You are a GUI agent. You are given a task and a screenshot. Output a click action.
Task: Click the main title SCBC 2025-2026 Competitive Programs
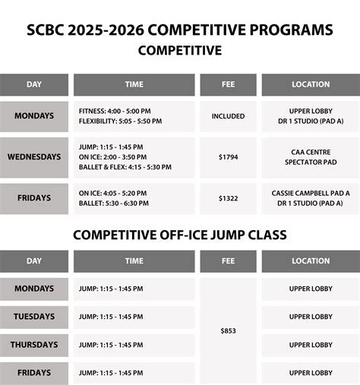[179, 30]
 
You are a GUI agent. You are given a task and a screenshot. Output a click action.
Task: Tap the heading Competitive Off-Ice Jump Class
[179, 235]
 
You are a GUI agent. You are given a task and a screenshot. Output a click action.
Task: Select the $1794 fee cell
[228, 157]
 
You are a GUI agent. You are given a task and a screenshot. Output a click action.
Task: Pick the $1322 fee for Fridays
[228, 198]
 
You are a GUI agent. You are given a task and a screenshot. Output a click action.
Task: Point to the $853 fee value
[228, 330]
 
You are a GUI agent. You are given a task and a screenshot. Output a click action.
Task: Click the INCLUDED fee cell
[228, 116]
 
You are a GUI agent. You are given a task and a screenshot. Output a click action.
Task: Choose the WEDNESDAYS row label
[34, 157]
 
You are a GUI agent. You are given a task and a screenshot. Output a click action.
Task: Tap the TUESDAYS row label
[34, 317]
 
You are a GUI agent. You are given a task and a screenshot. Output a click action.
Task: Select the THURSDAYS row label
[34, 345]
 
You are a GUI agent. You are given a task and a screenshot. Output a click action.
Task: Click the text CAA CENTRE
[311, 152]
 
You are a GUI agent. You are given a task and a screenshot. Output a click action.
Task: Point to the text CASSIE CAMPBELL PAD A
[311, 193]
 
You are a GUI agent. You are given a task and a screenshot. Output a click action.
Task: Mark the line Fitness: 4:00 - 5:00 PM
[115, 111]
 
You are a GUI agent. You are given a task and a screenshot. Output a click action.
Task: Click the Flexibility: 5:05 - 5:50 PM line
[120, 121]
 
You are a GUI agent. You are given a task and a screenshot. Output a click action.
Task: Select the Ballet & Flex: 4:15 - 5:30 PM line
[125, 168]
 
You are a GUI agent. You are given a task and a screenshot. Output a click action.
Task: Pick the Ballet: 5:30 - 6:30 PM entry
[114, 204]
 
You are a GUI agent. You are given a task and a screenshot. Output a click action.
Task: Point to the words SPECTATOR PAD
[311, 163]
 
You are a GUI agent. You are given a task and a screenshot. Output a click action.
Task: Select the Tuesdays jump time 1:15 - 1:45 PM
[111, 317]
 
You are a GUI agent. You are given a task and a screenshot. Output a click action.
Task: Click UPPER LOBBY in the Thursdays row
[311, 345]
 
